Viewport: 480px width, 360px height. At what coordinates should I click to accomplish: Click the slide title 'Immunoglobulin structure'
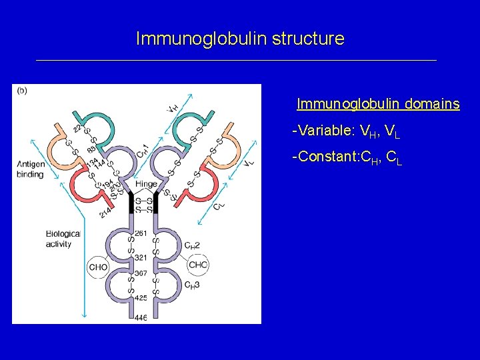point(240,39)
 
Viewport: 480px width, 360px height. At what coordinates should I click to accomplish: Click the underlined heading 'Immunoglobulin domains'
point(378,104)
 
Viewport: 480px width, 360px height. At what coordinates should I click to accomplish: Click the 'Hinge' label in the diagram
point(145,184)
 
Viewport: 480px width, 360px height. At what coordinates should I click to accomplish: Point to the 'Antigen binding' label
point(30,169)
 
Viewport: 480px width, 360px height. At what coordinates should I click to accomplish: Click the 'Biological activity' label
point(63,239)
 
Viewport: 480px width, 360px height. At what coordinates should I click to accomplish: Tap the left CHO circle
point(98,267)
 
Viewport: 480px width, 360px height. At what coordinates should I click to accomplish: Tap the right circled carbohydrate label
point(198,265)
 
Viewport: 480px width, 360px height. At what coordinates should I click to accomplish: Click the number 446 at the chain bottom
point(140,318)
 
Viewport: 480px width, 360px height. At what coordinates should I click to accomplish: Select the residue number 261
point(141,233)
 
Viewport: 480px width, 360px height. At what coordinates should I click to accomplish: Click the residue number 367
point(141,273)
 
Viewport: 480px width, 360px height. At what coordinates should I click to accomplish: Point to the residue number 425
point(141,299)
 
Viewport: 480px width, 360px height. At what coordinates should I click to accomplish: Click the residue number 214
point(106,211)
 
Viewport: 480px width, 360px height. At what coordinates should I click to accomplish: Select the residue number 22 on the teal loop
point(78,129)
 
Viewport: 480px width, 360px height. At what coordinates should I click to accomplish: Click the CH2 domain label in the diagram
point(193,245)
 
